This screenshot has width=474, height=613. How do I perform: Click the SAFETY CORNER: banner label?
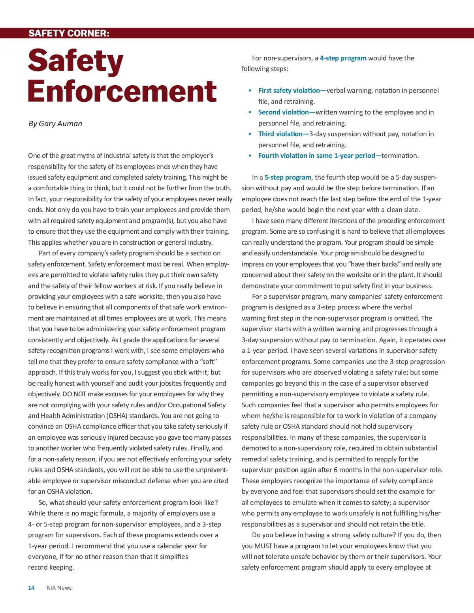pyautogui.click(x=69, y=33)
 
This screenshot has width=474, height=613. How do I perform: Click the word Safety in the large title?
pyautogui.click(x=76, y=61)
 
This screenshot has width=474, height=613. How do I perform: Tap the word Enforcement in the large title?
pyautogui.click(x=122, y=91)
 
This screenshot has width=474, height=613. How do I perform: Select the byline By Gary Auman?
pyautogui.click(x=55, y=124)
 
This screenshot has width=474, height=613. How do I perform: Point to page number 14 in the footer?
pyautogui.click(x=31, y=588)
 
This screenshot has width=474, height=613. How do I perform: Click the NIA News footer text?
pyautogui.click(x=59, y=588)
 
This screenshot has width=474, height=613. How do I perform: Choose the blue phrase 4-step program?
pyautogui.click(x=343, y=58)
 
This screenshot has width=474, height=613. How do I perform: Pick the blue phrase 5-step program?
pyautogui.click(x=288, y=177)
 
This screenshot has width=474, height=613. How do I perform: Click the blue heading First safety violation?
pyautogui.click(x=289, y=90)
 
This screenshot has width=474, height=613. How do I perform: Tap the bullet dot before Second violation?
pyautogui.click(x=250, y=112)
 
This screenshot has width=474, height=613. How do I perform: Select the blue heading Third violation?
pyautogui.click(x=280, y=134)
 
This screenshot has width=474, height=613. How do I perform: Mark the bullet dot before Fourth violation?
pyautogui.click(x=250, y=156)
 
